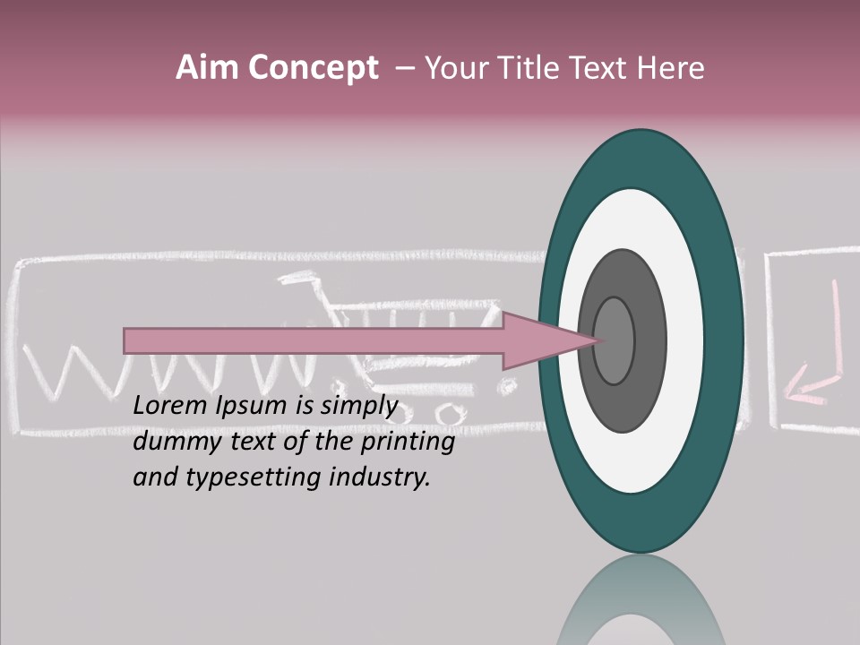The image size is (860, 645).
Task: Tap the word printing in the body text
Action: point(408,443)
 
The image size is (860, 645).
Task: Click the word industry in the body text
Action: point(380,477)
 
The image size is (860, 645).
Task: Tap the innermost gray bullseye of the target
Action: point(615,340)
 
